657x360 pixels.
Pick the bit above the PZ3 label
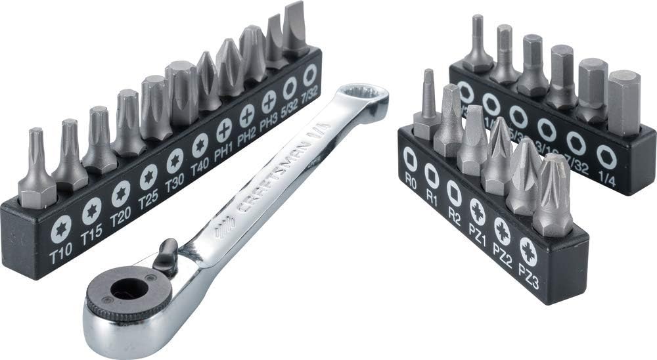coord(552,197)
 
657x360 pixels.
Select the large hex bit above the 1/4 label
coord(623,102)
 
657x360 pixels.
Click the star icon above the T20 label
coord(120,194)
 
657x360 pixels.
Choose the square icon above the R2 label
coord(453,193)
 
